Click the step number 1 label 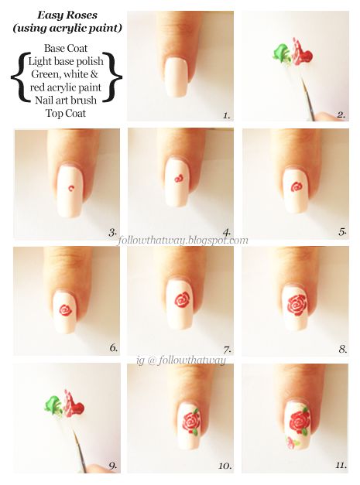coord(226,115)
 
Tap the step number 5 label coord(341,231)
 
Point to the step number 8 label coord(341,348)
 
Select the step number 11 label coord(339,466)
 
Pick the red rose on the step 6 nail coord(66,311)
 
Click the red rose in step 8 coord(295,307)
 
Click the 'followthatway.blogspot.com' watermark coord(184,241)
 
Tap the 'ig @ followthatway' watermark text coord(180,359)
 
